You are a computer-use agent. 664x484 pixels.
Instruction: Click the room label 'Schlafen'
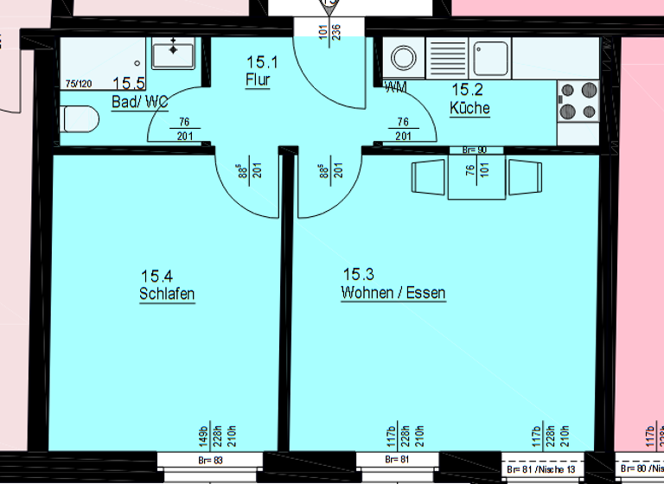click(167, 294)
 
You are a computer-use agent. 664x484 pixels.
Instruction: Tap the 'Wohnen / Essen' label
click(393, 293)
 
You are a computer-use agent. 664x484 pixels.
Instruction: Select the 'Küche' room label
click(469, 108)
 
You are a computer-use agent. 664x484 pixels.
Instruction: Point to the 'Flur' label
click(258, 80)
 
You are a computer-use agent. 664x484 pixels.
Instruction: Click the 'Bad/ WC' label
click(139, 102)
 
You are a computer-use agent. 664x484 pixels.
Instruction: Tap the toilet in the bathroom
click(78, 118)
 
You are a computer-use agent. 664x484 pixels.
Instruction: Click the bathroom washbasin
click(174, 54)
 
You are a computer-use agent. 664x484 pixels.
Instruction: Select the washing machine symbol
click(403, 58)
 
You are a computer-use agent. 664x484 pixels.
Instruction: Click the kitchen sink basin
click(494, 57)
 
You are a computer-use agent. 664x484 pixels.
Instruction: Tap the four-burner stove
click(578, 99)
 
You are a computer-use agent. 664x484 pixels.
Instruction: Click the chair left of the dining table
click(428, 177)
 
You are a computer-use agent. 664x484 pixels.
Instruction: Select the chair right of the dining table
click(525, 177)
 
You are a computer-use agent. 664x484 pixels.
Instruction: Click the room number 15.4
click(156, 275)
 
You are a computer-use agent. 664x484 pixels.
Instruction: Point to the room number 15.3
click(358, 274)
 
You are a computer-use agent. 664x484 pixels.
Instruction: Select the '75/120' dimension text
click(79, 84)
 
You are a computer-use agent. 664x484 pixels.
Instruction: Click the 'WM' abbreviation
click(395, 87)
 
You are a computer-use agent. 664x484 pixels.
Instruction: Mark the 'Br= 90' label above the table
click(475, 150)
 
